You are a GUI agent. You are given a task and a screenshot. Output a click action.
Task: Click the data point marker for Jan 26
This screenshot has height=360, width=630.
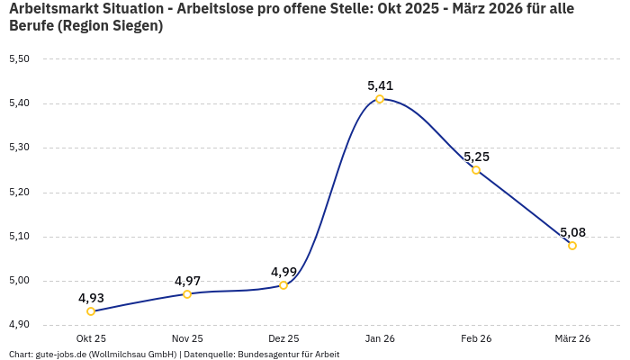click(380, 99)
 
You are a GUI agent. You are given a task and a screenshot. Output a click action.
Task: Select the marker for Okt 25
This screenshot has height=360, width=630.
click(91, 311)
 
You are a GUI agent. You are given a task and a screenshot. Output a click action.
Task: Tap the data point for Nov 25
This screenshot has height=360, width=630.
click(187, 294)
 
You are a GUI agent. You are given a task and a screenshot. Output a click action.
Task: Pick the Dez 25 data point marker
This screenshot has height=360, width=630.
click(283, 285)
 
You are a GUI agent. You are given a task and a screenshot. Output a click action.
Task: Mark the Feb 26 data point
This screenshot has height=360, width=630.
click(476, 170)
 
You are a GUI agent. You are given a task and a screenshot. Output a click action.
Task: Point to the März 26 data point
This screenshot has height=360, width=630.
click(572, 246)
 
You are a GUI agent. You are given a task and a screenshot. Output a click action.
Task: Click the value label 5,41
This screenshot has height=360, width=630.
click(380, 85)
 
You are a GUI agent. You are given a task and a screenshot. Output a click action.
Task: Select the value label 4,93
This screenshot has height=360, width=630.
click(91, 298)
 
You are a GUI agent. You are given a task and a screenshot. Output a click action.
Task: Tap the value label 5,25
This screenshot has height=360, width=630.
click(476, 157)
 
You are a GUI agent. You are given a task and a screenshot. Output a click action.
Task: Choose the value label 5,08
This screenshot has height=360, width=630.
click(572, 232)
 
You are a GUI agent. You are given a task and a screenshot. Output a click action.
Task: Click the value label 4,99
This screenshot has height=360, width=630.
click(283, 272)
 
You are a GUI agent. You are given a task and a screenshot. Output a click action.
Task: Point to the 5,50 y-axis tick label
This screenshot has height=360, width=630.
click(19, 59)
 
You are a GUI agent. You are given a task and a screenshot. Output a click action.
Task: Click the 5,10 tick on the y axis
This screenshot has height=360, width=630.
click(19, 237)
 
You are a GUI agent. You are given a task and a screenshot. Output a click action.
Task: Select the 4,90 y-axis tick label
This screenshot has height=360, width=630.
click(19, 325)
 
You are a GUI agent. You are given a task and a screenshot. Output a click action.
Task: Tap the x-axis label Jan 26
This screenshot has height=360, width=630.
click(380, 338)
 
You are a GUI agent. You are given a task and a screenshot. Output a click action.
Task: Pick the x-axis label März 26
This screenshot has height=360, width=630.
click(572, 338)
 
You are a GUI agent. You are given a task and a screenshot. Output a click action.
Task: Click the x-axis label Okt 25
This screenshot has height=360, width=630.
click(91, 338)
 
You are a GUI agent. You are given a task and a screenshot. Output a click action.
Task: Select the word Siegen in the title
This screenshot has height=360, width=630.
click(133, 26)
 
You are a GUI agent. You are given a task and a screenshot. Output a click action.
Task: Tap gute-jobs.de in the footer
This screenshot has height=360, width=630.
click(60, 355)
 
